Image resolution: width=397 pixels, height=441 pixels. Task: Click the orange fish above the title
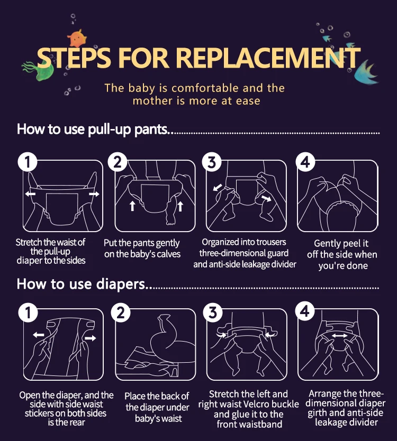[x=77, y=38]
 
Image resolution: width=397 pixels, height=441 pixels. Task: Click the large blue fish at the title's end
[x=366, y=72]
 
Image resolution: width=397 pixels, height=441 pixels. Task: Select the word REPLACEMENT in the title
[x=268, y=58]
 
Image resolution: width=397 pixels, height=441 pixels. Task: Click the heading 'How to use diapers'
[x=82, y=284]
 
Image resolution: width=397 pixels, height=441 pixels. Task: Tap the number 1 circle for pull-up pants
[x=28, y=162]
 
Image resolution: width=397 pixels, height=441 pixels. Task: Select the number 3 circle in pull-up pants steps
[x=212, y=162]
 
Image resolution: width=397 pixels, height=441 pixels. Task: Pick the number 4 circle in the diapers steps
[x=305, y=311]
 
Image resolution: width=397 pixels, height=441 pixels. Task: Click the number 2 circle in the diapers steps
[x=121, y=313]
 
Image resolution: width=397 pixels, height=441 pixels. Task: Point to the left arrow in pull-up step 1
[x=30, y=194]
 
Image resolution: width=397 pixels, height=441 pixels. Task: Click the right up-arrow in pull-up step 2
[x=180, y=206]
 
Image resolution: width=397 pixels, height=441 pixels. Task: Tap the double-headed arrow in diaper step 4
[x=339, y=336]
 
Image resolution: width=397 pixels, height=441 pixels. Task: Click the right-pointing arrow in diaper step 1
[x=91, y=338]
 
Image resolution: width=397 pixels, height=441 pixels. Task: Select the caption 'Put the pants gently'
[x=142, y=243]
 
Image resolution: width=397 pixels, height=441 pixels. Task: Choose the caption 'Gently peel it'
[x=341, y=243]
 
